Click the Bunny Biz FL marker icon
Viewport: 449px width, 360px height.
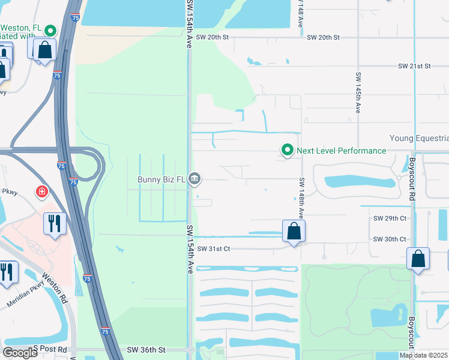tap(194, 178)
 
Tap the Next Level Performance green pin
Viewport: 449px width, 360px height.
tap(288, 150)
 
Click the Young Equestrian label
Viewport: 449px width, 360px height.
tap(418, 138)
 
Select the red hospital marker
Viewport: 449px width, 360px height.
tap(41, 192)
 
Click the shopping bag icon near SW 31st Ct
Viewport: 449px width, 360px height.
tap(294, 231)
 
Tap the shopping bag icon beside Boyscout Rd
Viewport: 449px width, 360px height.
tap(418, 259)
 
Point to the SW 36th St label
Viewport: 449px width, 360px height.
tap(145, 350)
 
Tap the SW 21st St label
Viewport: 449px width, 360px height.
tap(414, 65)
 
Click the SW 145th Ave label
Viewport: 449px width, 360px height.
tap(358, 93)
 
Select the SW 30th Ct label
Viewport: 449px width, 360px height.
tap(390, 239)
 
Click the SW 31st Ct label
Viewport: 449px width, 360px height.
tap(213, 248)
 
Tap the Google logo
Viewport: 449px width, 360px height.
tap(20, 353)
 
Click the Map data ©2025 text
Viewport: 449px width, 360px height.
tap(424, 355)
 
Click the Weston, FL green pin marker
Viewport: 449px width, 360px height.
tap(51, 30)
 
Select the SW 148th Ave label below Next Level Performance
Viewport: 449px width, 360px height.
tap(301, 197)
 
